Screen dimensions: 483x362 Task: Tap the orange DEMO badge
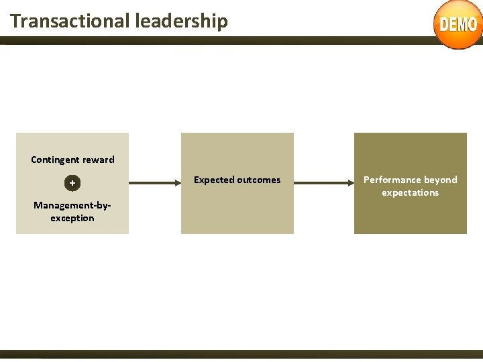pos(458,25)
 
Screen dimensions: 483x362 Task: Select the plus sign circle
pos(72,183)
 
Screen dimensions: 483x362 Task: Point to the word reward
pos(99,160)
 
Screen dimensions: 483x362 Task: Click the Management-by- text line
pos(72,205)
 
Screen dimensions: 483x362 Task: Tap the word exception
pos(72,218)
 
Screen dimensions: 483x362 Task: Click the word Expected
pos(214,180)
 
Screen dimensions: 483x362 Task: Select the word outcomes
pos(259,180)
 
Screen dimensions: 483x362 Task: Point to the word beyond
pos(441,180)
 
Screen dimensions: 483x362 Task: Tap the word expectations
pos(410,192)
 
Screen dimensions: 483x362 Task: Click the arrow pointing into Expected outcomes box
pos(154,182)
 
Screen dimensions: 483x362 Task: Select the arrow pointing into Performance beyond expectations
pos(323,182)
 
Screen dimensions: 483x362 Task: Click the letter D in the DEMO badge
pos(445,25)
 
